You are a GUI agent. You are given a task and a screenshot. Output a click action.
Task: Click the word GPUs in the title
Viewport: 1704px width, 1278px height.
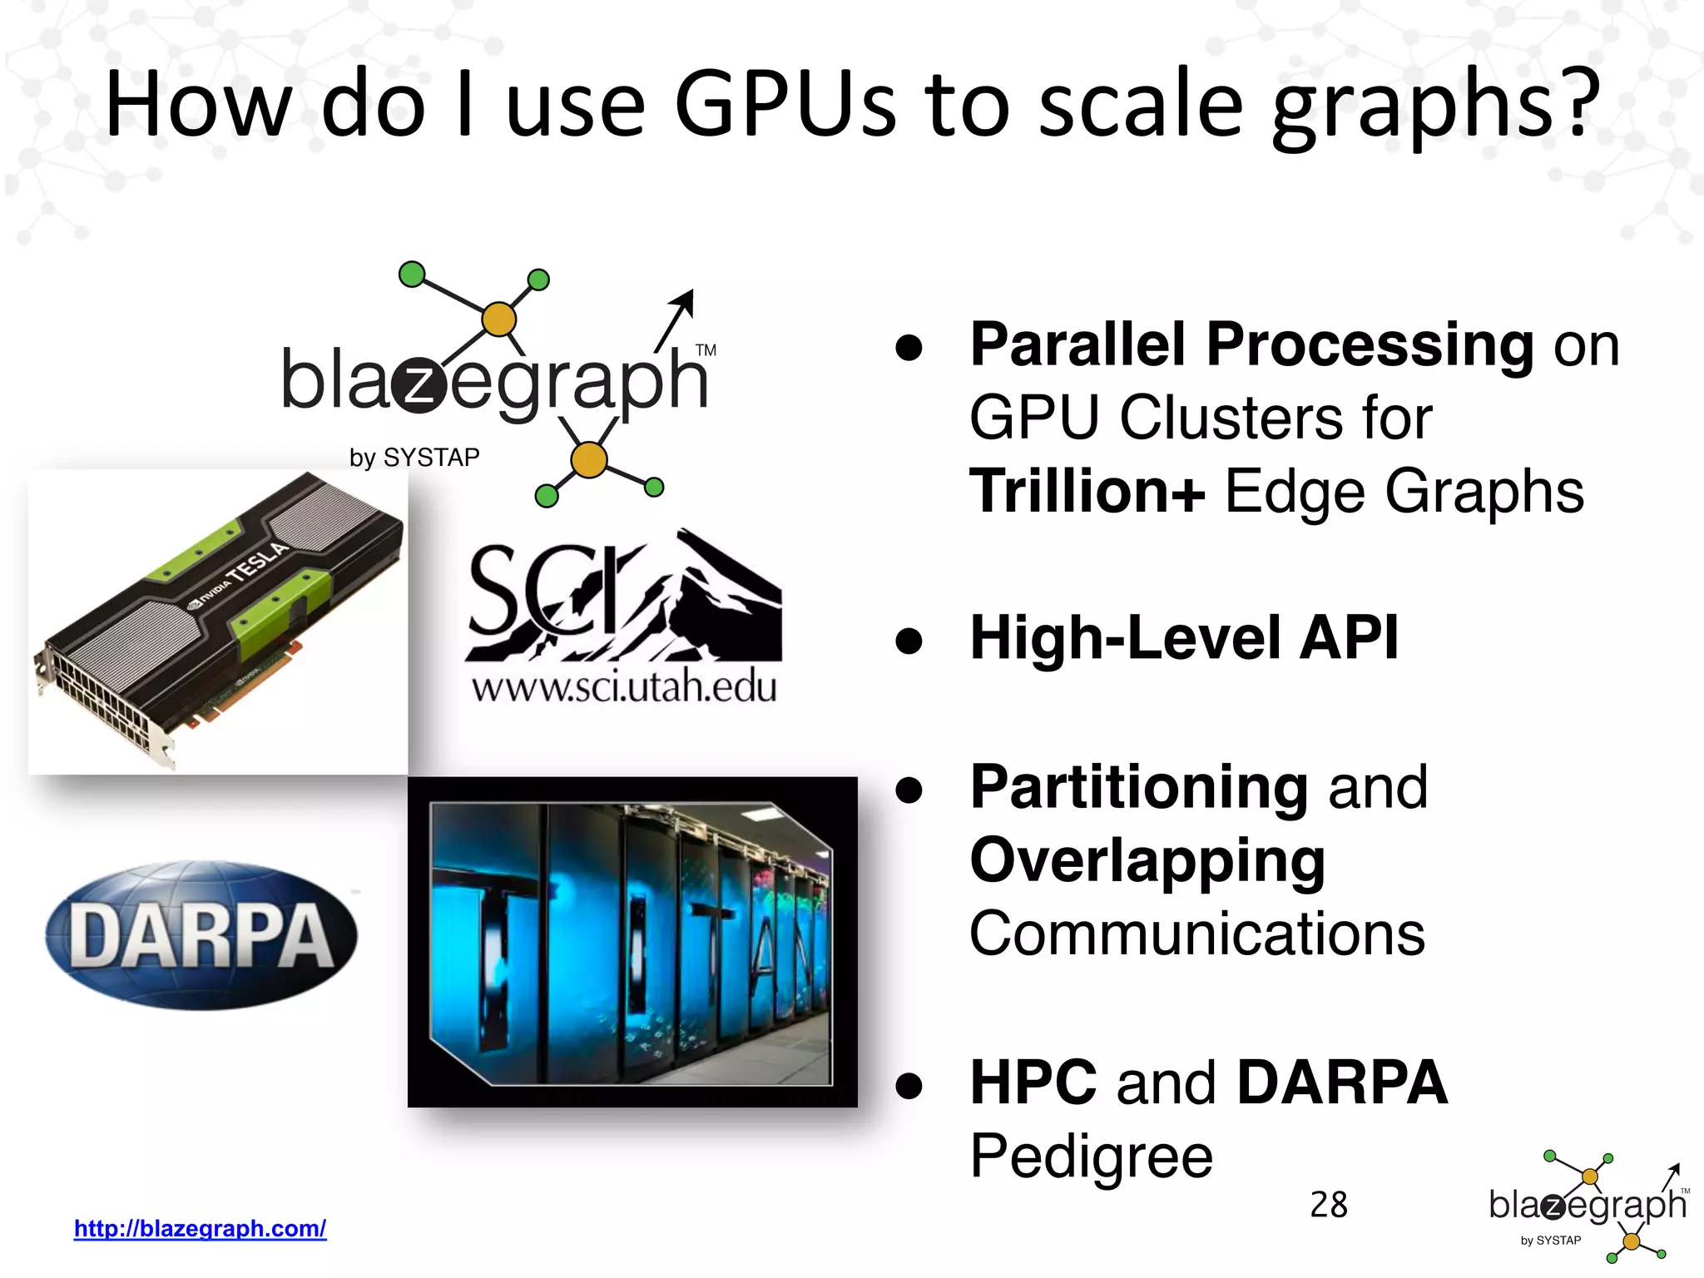pos(785,105)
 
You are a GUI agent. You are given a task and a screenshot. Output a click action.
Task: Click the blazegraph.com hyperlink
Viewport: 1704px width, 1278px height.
pos(200,1228)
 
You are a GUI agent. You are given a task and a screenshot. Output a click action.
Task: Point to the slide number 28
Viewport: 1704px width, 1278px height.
pos(1328,1205)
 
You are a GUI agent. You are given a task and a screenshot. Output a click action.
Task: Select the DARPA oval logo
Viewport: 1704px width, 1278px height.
pos(201,935)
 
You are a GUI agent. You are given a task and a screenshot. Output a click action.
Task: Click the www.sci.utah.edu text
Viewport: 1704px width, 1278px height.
pos(624,687)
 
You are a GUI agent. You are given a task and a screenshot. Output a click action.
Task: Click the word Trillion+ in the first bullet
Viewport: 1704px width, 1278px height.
pos(1087,491)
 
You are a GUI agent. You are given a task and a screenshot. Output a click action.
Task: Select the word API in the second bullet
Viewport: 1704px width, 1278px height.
pos(1349,638)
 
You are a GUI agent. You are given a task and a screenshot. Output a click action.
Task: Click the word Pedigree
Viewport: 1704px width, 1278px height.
pos(1092,1156)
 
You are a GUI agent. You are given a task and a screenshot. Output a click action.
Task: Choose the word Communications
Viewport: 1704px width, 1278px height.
pos(1197,934)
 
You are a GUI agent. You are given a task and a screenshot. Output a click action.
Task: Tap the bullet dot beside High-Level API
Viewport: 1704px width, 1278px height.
pos(909,641)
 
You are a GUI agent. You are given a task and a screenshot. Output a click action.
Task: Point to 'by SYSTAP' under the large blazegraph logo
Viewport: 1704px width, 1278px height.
pos(414,458)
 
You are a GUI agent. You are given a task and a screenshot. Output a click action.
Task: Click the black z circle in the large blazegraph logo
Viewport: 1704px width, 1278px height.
pos(420,385)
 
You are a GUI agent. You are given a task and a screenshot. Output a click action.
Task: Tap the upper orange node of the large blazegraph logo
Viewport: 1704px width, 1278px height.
pos(498,319)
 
